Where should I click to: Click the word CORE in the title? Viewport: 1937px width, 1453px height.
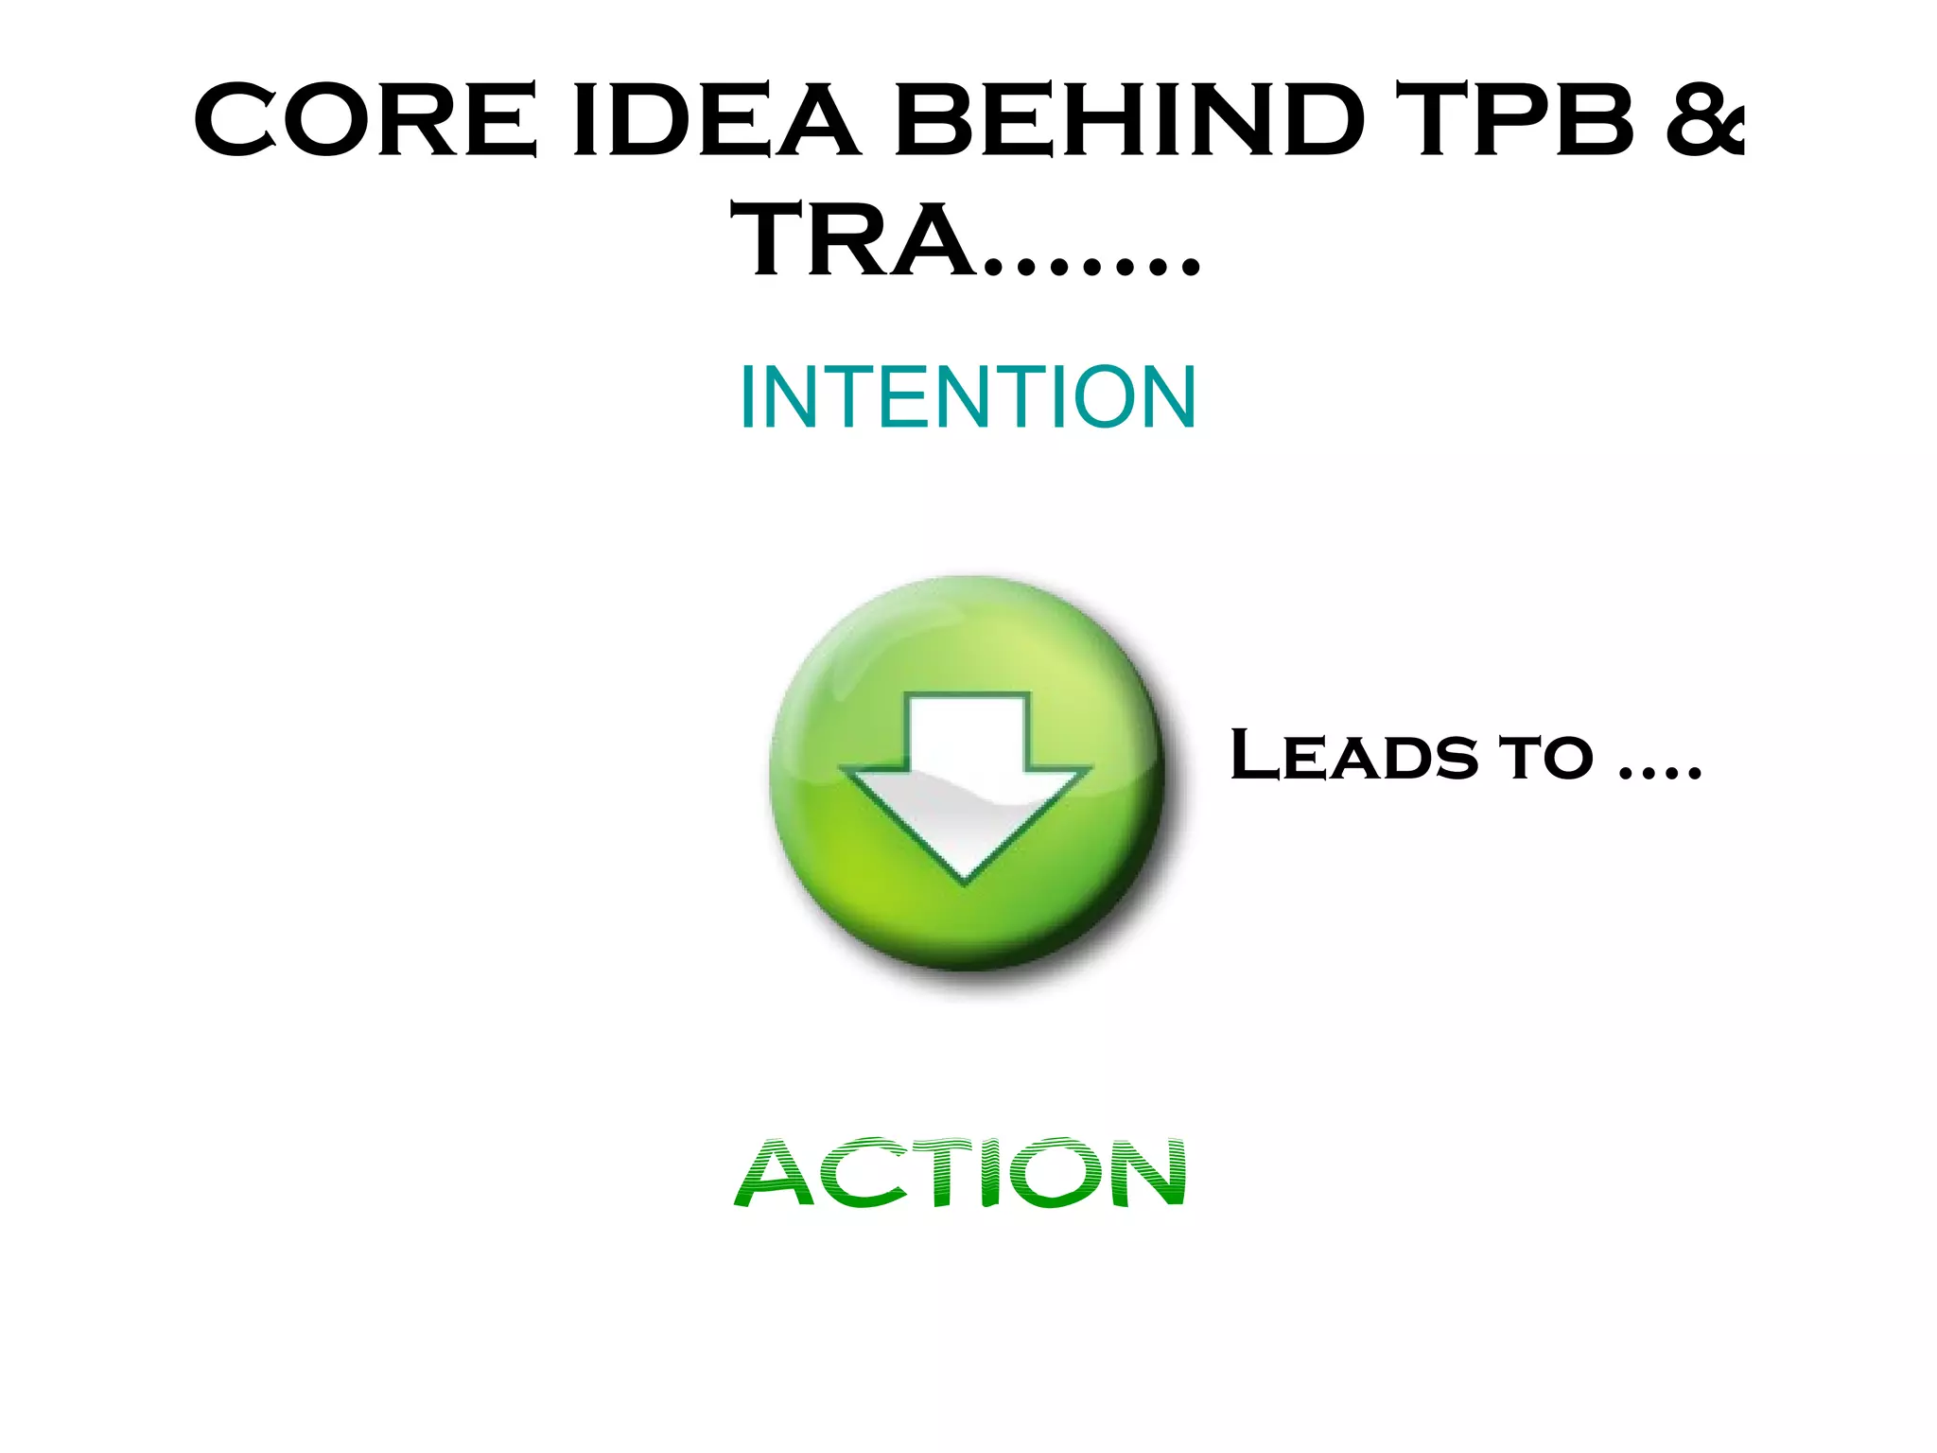pos(365,119)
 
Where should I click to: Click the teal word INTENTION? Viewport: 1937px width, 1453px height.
pos(968,397)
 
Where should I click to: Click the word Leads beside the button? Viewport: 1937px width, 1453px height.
pos(1353,756)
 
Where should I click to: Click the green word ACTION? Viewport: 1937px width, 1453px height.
pos(961,1173)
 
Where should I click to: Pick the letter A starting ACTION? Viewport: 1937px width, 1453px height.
pos(775,1173)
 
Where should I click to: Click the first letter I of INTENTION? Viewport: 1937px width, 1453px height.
pos(747,397)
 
